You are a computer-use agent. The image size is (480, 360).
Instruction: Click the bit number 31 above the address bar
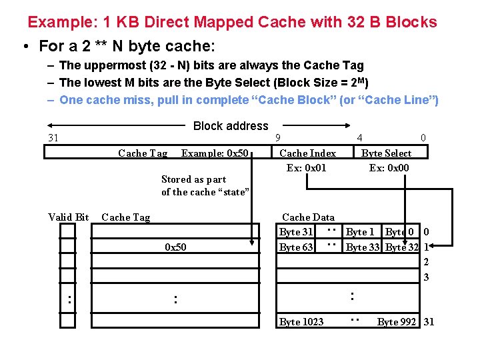pos(53,138)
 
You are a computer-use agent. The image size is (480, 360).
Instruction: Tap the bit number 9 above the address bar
pos(278,138)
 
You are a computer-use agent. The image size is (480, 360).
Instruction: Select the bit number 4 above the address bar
pos(359,138)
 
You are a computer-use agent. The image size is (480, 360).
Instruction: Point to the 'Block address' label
pos(230,126)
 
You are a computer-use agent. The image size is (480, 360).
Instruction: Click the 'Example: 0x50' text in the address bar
pos(215,153)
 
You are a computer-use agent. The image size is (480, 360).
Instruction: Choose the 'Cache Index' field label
pos(307,153)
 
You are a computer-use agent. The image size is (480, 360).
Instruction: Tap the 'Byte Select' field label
pos(386,153)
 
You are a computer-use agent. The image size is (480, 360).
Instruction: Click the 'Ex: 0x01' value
pos(307,167)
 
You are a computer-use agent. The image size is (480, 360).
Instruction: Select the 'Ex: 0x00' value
pos(389,167)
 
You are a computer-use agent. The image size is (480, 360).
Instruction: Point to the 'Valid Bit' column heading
pos(69,217)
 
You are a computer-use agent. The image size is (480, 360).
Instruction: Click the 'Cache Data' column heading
pos(308,217)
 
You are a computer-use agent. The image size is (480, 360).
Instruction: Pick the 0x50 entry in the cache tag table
pos(175,247)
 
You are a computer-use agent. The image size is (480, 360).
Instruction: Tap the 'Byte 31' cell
pos(296,232)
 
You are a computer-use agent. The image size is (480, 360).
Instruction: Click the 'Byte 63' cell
pos(296,247)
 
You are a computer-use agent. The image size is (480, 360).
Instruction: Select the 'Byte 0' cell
pos(399,232)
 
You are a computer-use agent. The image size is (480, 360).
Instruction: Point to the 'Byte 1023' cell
pos(301,322)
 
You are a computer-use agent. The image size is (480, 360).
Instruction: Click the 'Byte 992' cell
pos(397,322)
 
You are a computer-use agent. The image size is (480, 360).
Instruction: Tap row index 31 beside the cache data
pos(429,322)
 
